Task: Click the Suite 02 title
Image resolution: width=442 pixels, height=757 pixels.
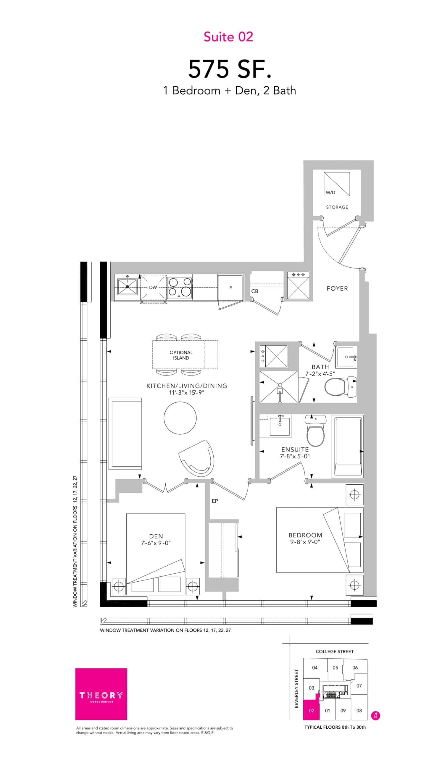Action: tap(228, 37)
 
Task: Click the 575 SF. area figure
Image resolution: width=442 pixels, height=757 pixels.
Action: tap(230, 69)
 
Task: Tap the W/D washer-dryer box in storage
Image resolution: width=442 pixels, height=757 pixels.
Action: tap(337, 184)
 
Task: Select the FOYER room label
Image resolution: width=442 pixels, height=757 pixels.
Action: tap(337, 288)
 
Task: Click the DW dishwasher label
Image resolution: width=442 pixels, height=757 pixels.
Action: tap(153, 287)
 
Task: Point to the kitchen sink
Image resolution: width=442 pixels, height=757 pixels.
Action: tap(127, 287)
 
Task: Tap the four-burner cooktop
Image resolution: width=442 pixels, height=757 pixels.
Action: tap(180, 287)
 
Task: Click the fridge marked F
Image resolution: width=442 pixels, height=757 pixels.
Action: tap(230, 287)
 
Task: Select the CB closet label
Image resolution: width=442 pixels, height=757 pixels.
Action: tap(254, 291)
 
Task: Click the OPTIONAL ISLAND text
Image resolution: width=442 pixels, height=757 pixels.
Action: tap(181, 355)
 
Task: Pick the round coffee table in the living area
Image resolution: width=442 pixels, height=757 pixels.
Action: tap(180, 418)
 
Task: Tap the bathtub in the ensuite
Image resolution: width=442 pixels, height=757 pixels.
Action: tap(348, 446)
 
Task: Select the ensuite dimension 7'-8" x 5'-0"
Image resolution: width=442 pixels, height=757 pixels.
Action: tap(295, 456)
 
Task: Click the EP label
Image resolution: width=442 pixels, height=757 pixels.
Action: tap(215, 501)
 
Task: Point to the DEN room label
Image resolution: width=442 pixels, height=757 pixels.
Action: tap(156, 536)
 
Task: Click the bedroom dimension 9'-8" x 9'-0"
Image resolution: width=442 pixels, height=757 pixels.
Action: tap(305, 542)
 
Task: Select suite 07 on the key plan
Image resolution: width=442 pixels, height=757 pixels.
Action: tap(359, 685)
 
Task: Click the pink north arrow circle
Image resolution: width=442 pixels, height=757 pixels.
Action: tap(375, 716)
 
